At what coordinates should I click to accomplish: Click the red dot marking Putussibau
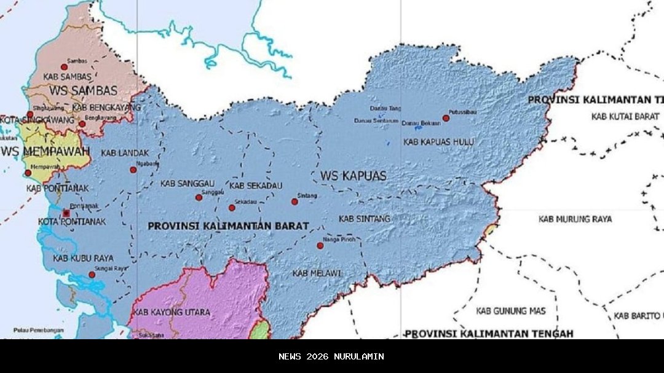(x=446, y=118)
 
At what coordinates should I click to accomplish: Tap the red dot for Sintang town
(x=294, y=202)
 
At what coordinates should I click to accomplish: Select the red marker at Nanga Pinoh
(x=320, y=246)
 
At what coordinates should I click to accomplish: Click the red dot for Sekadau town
(x=232, y=208)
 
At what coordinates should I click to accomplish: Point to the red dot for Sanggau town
(x=199, y=197)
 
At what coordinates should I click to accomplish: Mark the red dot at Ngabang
(x=133, y=170)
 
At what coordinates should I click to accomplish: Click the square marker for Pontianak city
(x=66, y=213)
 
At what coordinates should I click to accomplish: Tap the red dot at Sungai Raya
(x=92, y=275)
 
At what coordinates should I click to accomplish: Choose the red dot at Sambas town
(x=64, y=67)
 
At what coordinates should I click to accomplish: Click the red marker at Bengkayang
(x=82, y=124)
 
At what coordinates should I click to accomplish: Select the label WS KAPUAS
(x=354, y=176)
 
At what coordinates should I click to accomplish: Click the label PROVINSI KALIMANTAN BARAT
(x=228, y=226)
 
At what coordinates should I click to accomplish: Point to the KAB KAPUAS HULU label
(x=438, y=142)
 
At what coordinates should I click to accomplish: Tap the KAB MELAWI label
(x=313, y=272)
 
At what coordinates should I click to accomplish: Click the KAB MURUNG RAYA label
(x=575, y=219)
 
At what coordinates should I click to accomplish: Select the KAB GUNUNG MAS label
(x=510, y=311)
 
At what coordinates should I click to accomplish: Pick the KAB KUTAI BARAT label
(x=625, y=116)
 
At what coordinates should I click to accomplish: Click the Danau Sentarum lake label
(x=376, y=120)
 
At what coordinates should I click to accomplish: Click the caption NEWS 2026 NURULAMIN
(x=331, y=356)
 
